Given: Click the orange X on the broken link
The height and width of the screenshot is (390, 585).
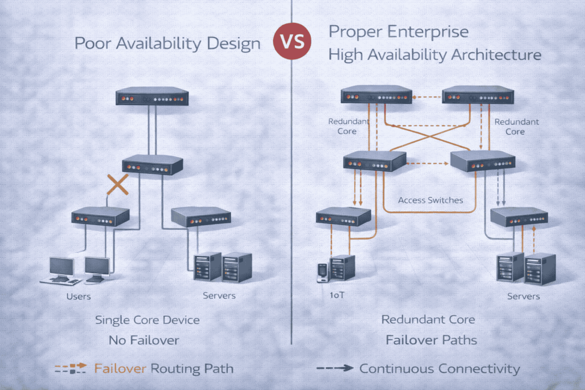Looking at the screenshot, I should pos(118,186).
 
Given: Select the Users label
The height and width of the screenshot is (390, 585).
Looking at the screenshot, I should pos(78,296).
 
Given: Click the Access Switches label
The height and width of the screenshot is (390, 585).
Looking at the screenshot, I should pos(430,200).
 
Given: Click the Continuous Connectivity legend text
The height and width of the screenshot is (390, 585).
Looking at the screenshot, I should pos(439,368).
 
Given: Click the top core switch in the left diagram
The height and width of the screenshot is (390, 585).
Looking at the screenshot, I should pos(152,97).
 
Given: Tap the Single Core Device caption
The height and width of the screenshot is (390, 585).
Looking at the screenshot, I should pos(147,320).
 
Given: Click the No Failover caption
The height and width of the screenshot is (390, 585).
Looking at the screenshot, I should pos(144,341).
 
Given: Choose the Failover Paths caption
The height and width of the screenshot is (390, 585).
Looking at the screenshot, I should pos(431,341).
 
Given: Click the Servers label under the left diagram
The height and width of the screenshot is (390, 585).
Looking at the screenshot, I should pos(219,296).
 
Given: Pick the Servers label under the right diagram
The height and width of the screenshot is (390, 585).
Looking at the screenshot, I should pos(523,296).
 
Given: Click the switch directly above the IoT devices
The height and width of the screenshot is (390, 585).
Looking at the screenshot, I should pos(343,216).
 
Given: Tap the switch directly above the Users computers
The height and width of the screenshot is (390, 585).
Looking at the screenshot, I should pos(101,216).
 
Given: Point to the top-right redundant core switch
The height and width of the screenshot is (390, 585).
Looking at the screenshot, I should pos(479,95).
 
